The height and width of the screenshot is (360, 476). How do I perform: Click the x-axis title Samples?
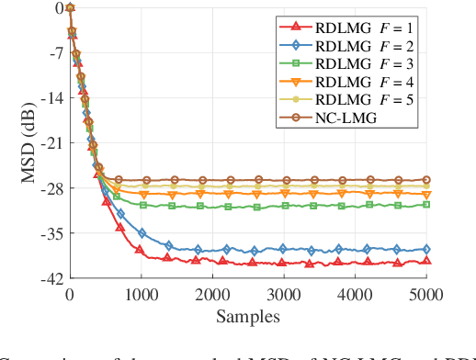pyautogui.click(x=248, y=316)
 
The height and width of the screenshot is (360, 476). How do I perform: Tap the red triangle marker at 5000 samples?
pyautogui.click(x=425, y=261)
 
